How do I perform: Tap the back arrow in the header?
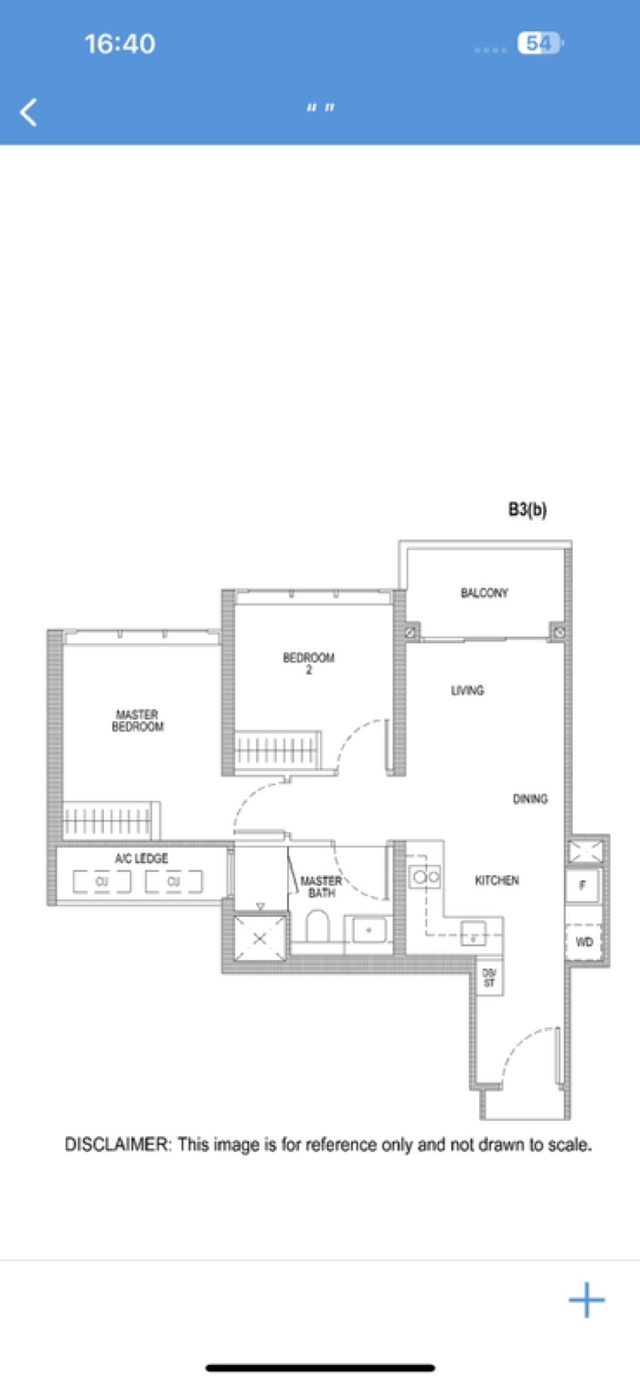click(29, 112)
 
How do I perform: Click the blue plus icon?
click(586, 1300)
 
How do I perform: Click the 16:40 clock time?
click(120, 43)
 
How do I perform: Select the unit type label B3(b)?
click(527, 510)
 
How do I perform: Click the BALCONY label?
click(484, 593)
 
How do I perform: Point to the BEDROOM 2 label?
click(308, 663)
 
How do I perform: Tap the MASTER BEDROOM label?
click(138, 720)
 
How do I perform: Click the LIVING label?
click(467, 690)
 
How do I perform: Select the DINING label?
click(530, 798)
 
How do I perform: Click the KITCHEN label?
click(497, 880)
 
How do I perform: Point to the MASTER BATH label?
click(321, 886)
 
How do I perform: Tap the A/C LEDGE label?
click(142, 858)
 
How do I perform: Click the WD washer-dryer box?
click(584, 942)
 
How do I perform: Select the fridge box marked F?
click(582, 886)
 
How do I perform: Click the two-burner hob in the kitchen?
click(425, 877)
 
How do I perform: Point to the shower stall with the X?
click(259, 937)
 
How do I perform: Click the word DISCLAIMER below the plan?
click(117, 1145)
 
